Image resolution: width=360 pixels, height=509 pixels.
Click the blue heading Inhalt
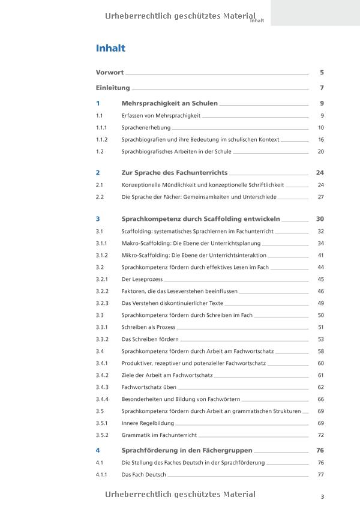(110, 49)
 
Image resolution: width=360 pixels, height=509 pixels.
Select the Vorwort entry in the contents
(110, 73)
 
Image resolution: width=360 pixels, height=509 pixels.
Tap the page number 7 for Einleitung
(322, 88)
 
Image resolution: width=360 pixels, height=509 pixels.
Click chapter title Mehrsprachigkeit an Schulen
(169, 103)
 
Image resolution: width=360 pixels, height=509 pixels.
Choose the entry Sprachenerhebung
(146, 128)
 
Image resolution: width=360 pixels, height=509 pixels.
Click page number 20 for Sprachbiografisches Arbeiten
(320, 152)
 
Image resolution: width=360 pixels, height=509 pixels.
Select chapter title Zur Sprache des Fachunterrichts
(174, 173)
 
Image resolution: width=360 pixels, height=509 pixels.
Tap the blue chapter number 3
(98, 219)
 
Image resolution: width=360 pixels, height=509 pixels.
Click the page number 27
(320, 197)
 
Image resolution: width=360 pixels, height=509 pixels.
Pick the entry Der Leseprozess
(142, 279)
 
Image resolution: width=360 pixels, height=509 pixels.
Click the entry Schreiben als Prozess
(148, 327)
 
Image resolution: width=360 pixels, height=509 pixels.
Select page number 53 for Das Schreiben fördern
(320, 339)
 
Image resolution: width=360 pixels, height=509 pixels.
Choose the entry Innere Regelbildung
(148, 423)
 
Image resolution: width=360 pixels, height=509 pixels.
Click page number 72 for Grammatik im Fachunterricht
(320, 435)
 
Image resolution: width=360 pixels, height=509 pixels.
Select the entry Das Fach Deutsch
(143, 475)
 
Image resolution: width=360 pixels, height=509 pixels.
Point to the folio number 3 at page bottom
(322, 496)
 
